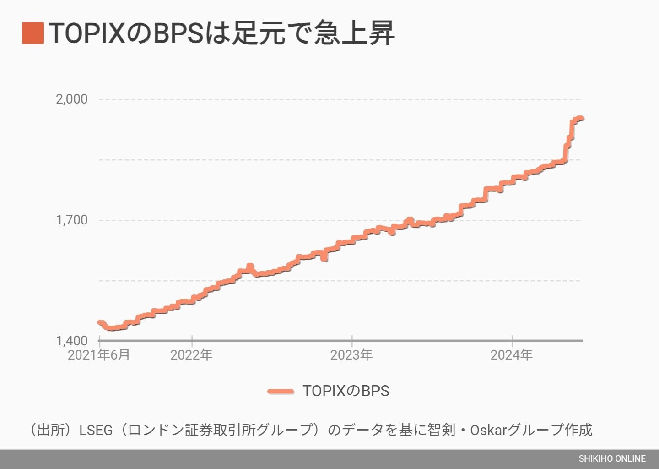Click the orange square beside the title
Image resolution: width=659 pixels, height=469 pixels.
coord(33,33)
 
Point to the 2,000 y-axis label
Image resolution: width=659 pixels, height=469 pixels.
coord(71,99)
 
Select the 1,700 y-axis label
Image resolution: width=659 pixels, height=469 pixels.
coord(71,220)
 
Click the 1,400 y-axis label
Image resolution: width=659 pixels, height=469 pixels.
coord(71,341)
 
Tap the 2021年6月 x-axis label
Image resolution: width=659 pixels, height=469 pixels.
coord(99,355)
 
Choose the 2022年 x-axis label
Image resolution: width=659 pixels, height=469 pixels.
coord(191,355)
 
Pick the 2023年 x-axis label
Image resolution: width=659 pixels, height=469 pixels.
coord(351,355)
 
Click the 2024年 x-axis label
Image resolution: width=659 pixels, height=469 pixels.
coord(512,355)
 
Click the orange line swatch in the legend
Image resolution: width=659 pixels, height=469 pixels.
coord(281,391)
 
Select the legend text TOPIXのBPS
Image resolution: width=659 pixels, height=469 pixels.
coord(346,391)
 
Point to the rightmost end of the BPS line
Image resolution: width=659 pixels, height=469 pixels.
coord(581,119)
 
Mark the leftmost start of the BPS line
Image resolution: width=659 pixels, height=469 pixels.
coord(100,322)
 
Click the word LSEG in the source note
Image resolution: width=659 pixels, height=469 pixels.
coord(96,430)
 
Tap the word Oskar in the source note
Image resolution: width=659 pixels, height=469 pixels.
coord(489,430)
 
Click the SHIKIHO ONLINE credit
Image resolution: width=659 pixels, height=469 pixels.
coord(612,458)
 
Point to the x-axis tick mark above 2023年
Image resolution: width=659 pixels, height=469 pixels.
coord(352,339)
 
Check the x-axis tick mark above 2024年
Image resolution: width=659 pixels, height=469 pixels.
coord(512,339)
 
